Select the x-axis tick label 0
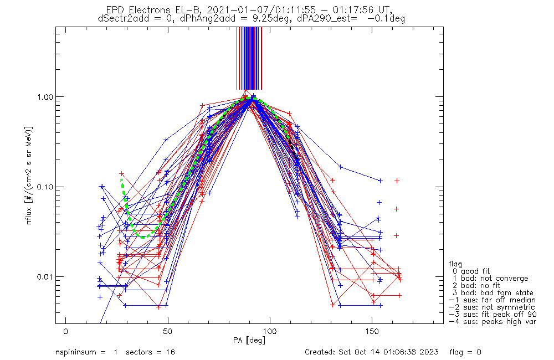[x=66, y=331]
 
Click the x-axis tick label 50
[x=168, y=331]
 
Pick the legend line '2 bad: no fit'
[x=478, y=285]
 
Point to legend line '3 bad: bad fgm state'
[x=493, y=292]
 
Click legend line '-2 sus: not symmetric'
[x=491, y=307]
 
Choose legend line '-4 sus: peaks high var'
[x=493, y=321]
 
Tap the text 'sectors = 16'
[x=146, y=352]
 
